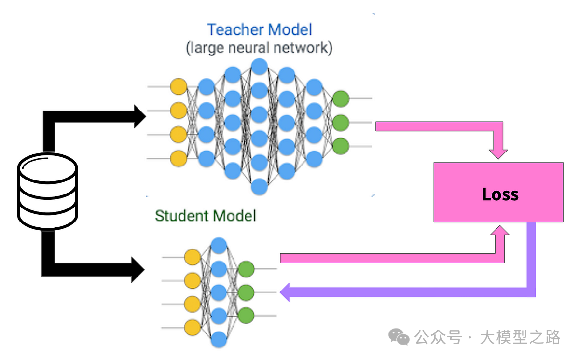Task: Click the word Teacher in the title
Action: coord(235,30)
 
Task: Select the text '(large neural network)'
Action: coord(259,48)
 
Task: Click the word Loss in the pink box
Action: coord(500,194)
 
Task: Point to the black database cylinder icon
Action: coord(47,194)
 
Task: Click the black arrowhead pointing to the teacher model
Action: coord(139,116)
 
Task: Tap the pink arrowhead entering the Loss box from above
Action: coord(498,153)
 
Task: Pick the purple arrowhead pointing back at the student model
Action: coord(285,292)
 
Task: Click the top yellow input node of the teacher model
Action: coord(178,87)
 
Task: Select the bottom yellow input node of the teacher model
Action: coord(178,158)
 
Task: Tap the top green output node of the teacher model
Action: coord(341,98)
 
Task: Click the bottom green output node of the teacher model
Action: coord(341,145)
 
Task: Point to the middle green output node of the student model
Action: coord(246,292)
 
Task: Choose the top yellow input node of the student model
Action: coord(193,257)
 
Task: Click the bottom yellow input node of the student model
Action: coord(193,327)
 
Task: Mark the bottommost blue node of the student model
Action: coord(219,339)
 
